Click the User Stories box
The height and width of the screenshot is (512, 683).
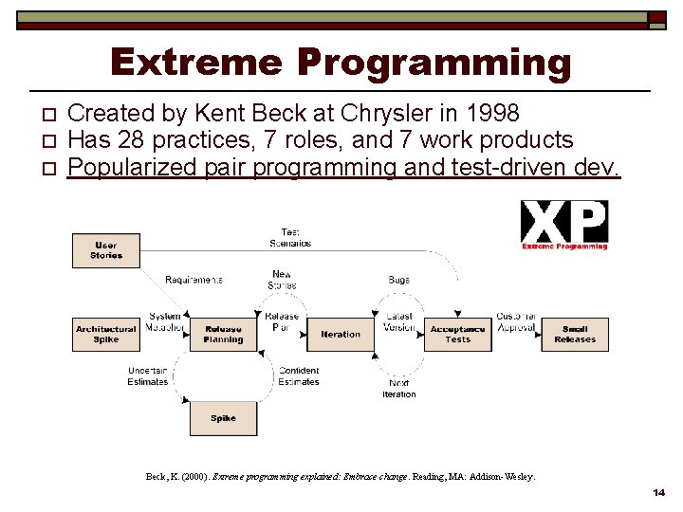(x=105, y=250)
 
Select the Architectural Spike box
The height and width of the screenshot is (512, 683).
(x=105, y=334)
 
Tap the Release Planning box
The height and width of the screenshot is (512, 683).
(x=223, y=334)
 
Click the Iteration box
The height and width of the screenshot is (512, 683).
(x=341, y=334)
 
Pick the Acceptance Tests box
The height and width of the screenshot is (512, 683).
(x=457, y=334)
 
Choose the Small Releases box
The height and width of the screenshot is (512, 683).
(x=575, y=334)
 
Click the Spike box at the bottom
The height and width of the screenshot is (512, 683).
(x=223, y=418)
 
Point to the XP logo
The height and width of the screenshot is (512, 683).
(x=564, y=225)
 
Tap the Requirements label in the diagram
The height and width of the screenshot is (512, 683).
(x=194, y=280)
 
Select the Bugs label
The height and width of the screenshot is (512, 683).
(x=398, y=280)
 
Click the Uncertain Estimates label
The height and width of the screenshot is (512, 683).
(x=148, y=376)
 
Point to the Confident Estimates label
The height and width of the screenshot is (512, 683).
(x=299, y=376)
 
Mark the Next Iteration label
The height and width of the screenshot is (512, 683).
(x=398, y=389)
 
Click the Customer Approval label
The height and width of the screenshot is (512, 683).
(x=516, y=321)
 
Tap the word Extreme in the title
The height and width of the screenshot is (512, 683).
(x=195, y=63)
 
